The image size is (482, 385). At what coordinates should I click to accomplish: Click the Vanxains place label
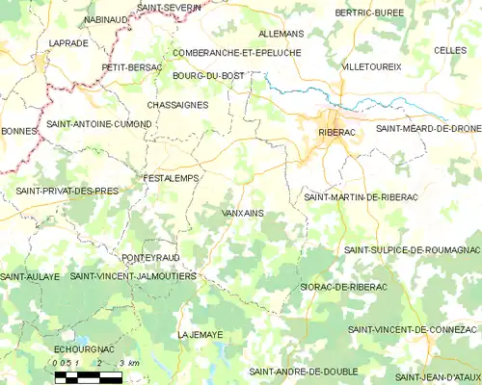tap(243, 213)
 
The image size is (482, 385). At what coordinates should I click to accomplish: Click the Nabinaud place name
tap(109, 19)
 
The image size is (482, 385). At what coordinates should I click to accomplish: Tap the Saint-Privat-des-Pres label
tap(67, 192)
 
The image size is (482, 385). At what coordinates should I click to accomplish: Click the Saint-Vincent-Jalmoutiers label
tap(134, 276)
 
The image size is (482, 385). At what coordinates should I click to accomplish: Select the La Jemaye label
tap(201, 334)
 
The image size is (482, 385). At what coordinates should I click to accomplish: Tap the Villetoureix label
tap(371, 66)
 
